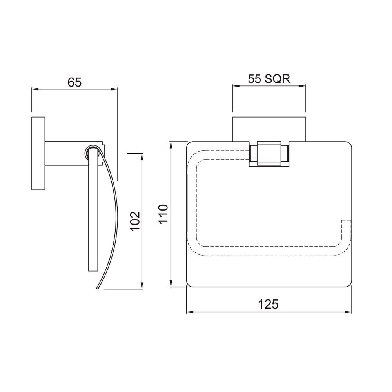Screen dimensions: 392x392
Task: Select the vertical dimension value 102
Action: [x=134, y=221]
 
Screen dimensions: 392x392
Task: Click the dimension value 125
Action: [x=269, y=304]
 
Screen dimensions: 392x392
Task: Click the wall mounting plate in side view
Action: [x=38, y=153]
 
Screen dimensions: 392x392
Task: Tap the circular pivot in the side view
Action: [x=90, y=152]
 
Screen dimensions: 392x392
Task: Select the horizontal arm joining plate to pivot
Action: [x=65, y=153]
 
